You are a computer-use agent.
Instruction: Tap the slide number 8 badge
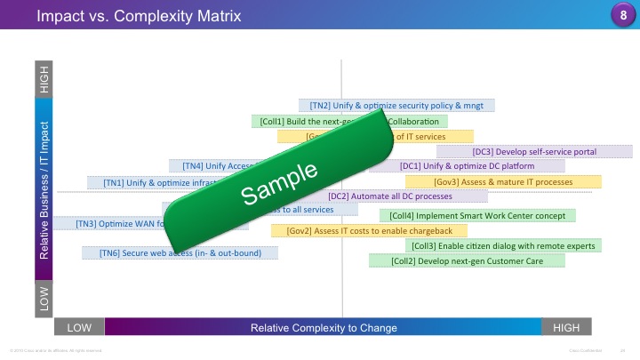(622, 15)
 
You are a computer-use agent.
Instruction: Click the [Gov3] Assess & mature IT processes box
(503, 181)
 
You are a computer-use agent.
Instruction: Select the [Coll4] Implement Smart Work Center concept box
(477, 215)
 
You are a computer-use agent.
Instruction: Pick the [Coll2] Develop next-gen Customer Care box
(468, 260)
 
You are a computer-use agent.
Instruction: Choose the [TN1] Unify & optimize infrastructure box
(151, 182)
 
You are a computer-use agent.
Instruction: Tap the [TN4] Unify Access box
(213, 165)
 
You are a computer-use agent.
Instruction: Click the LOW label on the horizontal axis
(79, 328)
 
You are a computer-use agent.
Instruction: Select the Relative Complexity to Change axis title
(324, 328)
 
